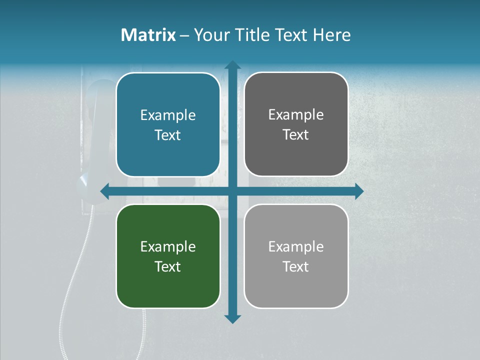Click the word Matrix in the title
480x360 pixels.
tap(148, 35)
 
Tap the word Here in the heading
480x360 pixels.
tap(331, 35)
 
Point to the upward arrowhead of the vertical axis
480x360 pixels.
tap(232, 65)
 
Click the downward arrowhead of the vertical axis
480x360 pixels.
tap(232, 319)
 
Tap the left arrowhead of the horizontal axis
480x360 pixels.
tap(105, 191)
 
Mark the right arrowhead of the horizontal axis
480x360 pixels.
tap(359, 191)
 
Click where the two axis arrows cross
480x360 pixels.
tap(232, 191)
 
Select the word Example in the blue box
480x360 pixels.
tap(168, 115)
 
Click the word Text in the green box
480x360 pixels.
tap(168, 266)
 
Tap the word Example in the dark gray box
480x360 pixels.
tap(296, 115)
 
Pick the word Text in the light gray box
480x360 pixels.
tap(296, 266)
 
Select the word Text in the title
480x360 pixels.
tap(292, 35)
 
